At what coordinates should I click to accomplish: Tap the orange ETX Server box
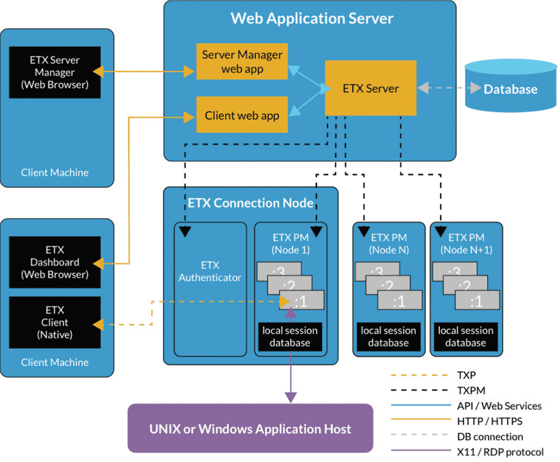[371, 88]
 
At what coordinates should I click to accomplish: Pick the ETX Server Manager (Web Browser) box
[54, 72]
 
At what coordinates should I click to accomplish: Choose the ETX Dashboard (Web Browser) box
[54, 262]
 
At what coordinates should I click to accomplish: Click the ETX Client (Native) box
[54, 323]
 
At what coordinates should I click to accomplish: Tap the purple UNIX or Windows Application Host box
[250, 429]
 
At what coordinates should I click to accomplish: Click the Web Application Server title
[312, 18]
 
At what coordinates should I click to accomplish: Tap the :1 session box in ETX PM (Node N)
[399, 302]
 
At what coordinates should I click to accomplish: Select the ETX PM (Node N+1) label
[466, 243]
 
